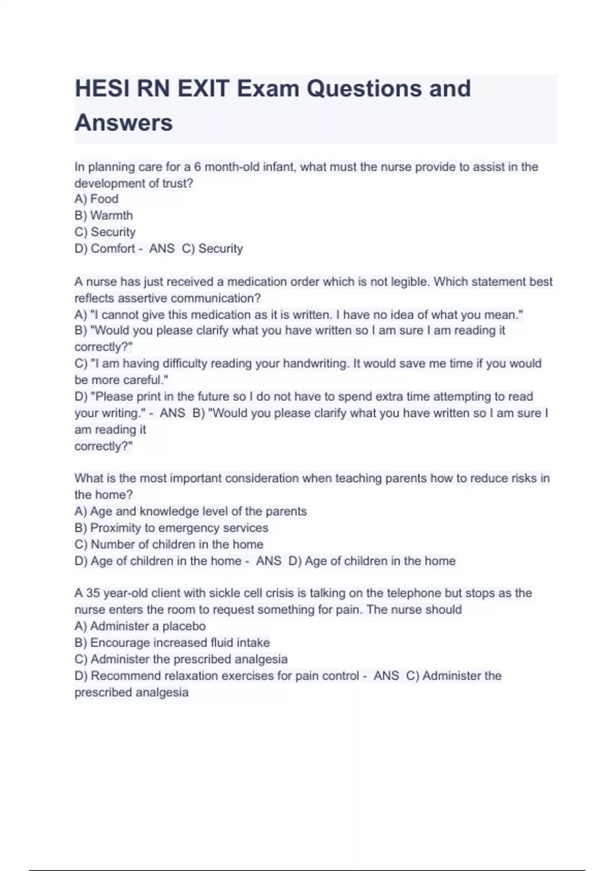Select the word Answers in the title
(124, 123)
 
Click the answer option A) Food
(96, 199)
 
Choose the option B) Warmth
(104, 215)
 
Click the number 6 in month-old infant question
(197, 167)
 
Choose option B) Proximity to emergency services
(171, 528)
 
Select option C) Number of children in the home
(169, 544)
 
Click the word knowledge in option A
(169, 511)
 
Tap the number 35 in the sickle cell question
(93, 593)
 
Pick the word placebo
(183, 626)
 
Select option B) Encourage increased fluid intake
(172, 642)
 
